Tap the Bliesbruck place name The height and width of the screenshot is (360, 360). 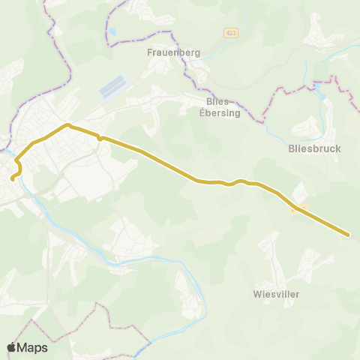click(314, 148)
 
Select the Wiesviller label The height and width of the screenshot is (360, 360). click(277, 294)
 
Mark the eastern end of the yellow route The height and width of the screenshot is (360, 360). click(349, 235)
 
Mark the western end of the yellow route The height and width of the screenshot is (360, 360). click(12, 178)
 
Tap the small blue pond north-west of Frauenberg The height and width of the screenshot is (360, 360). click(112, 32)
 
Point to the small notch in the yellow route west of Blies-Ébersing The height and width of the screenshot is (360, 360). click(100, 138)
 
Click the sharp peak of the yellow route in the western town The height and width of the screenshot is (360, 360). click(67, 124)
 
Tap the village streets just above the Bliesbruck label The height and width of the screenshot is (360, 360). click(315, 127)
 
